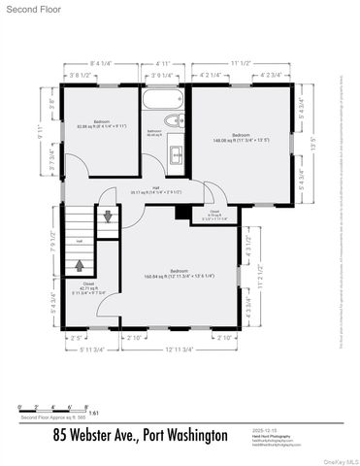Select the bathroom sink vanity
[x=177, y=153]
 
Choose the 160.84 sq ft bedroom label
[x=179, y=274]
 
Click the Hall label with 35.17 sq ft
[x=156, y=191]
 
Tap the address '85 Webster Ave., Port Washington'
[x=141, y=434]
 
